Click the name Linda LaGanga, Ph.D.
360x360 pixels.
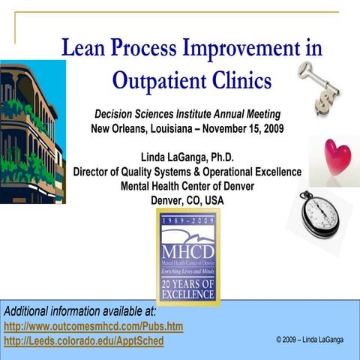point(187,157)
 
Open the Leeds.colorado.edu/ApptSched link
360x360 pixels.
point(83,341)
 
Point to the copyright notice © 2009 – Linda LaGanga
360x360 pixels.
point(309,340)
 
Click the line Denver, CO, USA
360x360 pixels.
point(187,200)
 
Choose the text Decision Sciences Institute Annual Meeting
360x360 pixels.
point(187,113)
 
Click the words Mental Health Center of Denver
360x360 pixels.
point(187,186)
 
